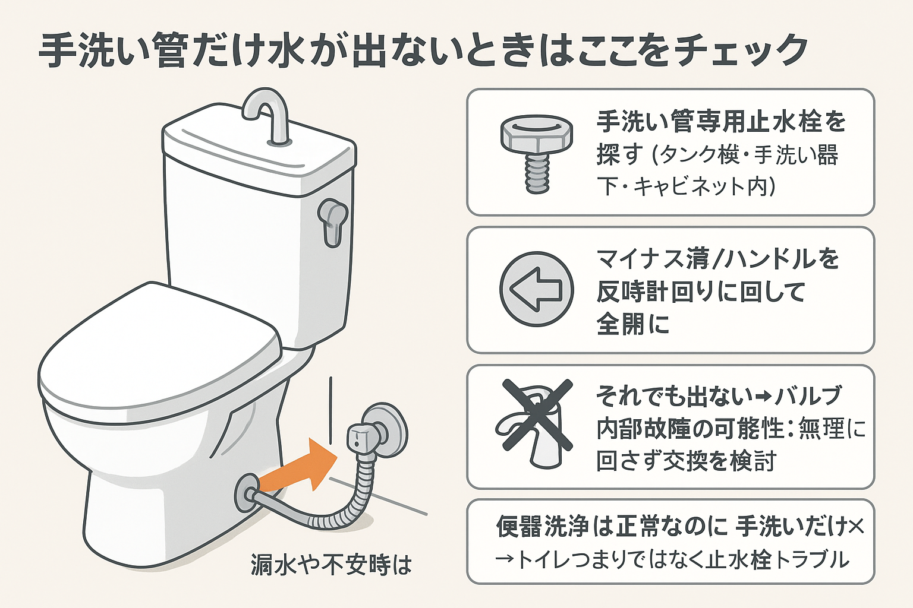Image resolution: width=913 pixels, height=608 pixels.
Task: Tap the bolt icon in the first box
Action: click(x=536, y=153)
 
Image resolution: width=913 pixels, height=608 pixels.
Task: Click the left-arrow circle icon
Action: click(x=536, y=289)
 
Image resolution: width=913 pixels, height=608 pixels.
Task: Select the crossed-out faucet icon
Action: click(x=534, y=424)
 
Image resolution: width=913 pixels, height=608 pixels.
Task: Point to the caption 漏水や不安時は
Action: click(x=331, y=565)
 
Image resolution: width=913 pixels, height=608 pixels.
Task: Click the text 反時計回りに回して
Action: click(x=701, y=292)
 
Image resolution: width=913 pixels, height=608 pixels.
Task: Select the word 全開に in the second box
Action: click(x=633, y=325)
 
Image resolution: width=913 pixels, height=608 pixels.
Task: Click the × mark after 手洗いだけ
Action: click(x=856, y=526)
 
